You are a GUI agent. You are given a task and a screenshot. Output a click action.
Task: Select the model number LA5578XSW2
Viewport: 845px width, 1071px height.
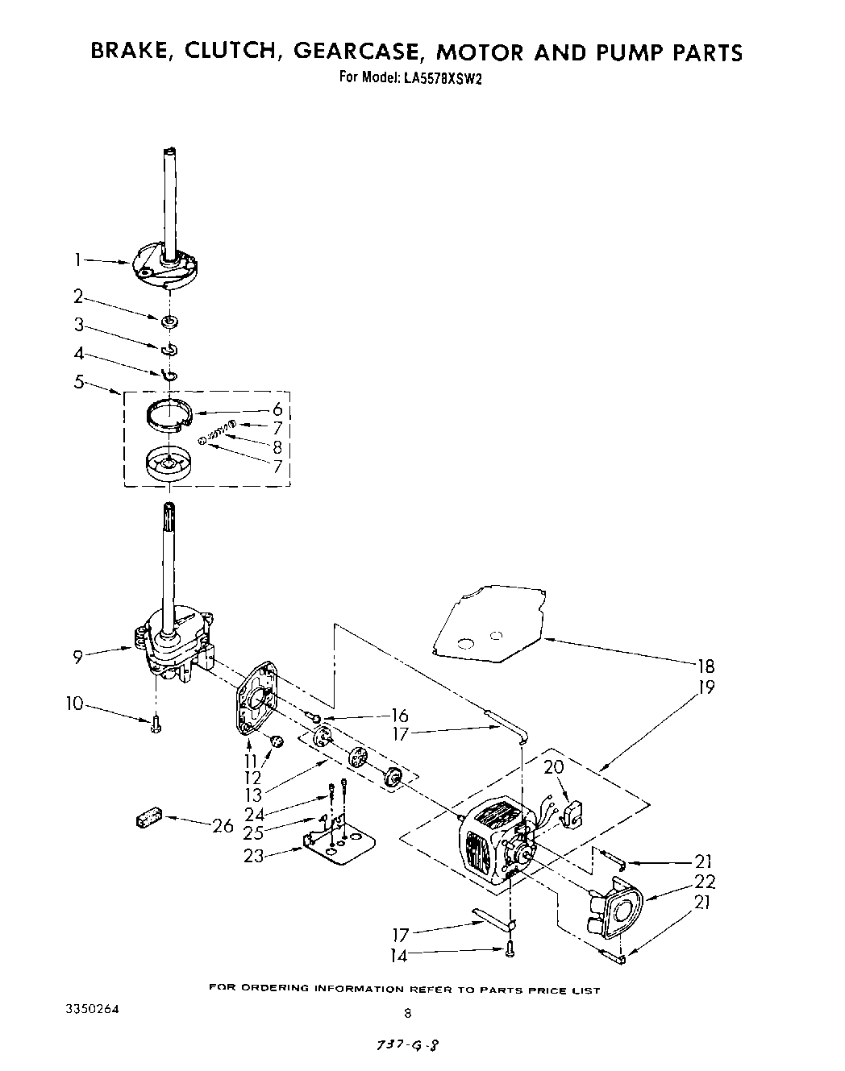click(x=438, y=78)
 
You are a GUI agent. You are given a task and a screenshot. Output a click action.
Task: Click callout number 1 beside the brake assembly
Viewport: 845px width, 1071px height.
click(x=78, y=259)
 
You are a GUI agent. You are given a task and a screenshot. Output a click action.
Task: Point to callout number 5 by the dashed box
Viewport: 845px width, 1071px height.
click(x=79, y=382)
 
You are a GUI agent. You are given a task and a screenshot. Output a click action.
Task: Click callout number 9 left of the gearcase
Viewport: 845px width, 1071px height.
click(x=78, y=656)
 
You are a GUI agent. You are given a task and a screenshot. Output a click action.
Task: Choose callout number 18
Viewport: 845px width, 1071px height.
click(x=706, y=666)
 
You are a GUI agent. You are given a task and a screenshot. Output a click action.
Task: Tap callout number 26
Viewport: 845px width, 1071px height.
click(x=223, y=825)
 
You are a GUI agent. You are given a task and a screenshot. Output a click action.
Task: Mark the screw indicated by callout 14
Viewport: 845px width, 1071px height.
click(x=510, y=952)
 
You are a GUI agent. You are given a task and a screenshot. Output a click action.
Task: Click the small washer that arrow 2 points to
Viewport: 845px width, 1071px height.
click(x=169, y=322)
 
